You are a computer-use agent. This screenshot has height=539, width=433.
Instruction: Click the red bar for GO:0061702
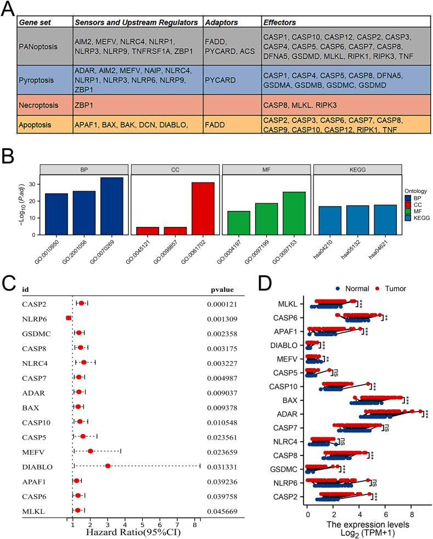pyautogui.click(x=203, y=208)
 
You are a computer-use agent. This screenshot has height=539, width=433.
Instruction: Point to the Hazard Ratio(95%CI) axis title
pyautogui.click(x=133, y=532)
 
